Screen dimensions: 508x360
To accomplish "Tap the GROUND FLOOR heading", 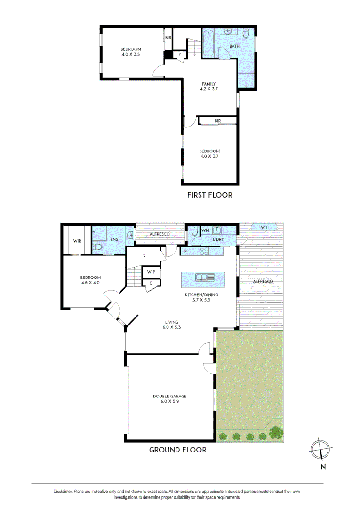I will (178, 450).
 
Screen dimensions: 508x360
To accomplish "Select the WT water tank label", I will (264, 228).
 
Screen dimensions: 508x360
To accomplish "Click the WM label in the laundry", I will (206, 230).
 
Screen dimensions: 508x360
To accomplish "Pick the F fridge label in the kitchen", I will (186, 252).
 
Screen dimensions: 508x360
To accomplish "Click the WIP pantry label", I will (151, 272).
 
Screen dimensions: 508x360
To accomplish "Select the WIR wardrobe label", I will (77, 241).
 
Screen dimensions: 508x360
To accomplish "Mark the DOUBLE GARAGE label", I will (169, 399).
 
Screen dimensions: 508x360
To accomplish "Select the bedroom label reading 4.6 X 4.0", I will (91, 280).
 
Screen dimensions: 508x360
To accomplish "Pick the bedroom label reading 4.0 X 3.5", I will (130, 52).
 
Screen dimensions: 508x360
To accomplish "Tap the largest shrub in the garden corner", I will (276, 431).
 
